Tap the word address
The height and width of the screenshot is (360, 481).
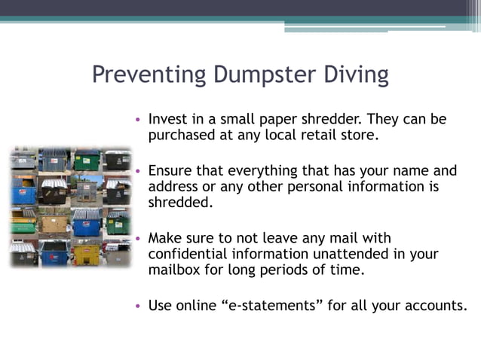coord(173,187)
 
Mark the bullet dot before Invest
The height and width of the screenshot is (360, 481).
coord(138,120)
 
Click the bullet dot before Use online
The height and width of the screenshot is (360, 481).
coord(138,307)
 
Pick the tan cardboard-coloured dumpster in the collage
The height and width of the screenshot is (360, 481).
coord(54,223)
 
